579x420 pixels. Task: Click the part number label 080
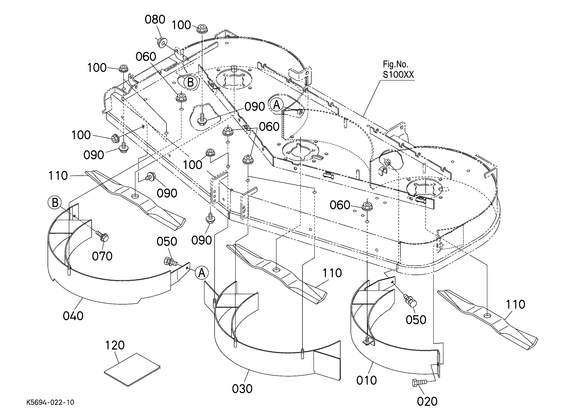(x=155, y=19)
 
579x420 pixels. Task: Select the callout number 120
(x=115, y=345)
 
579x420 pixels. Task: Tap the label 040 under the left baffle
(x=73, y=316)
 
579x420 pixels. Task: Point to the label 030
(x=242, y=389)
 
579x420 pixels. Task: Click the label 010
(x=367, y=380)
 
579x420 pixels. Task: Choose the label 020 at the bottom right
(x=427, y=402)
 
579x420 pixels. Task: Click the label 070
(x=102, y=256)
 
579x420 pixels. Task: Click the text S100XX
(x=398, y=74)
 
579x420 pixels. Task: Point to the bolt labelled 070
(x=102, y=236)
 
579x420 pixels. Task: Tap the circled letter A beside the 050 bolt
(x=202, y=273)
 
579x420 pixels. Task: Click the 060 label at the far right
(x=340, y=205)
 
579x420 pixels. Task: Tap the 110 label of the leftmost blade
(x=58, y=176)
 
